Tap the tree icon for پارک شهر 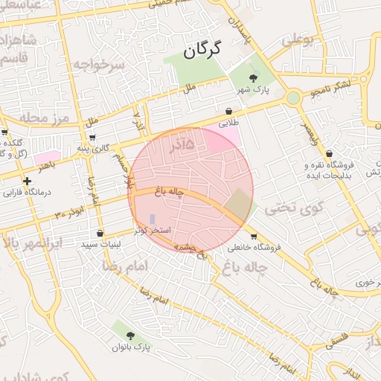pos(254,77)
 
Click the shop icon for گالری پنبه pos(92,137)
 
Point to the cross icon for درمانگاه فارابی pos(28,181)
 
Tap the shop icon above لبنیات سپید pos(100,234)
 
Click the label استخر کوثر pos(154,231)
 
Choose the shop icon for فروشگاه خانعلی pos(254,237)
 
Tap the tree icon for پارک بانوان pos(131,336)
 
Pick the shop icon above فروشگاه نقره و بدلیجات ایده pos(329,153)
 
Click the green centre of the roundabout pos(293,97)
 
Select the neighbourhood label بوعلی pos(298,38)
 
